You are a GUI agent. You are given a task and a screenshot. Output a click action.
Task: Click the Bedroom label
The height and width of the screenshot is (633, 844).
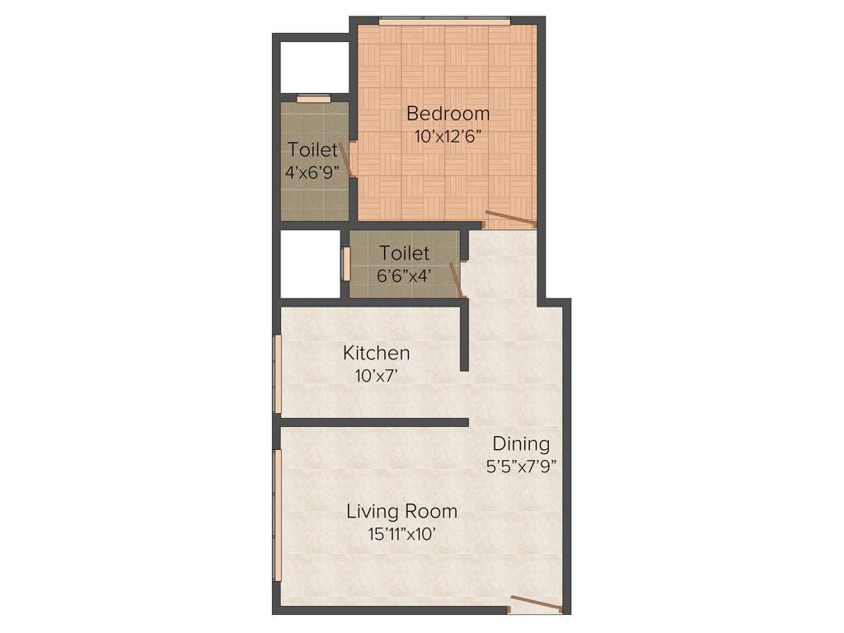point(448,113)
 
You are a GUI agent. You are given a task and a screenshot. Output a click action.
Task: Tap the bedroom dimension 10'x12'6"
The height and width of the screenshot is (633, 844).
point(448,137)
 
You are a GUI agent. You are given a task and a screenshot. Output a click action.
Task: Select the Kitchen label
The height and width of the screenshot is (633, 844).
point(376,354)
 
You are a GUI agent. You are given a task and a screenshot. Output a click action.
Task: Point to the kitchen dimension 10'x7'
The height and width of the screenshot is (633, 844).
point(376,376)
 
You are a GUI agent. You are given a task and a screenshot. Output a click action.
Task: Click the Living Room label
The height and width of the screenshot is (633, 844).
point(401,511)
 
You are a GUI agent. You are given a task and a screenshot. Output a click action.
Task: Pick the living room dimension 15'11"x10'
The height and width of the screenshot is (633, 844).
point(401,534)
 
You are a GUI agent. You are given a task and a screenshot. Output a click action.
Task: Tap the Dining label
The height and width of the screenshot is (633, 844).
point(521,444)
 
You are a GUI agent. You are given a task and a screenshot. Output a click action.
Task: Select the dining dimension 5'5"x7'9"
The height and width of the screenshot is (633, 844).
point(522,466)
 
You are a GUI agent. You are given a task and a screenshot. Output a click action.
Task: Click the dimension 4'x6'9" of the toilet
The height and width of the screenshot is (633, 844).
point(312,173)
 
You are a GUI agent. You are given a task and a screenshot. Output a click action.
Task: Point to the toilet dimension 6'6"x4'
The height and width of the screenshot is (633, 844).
point(404,276)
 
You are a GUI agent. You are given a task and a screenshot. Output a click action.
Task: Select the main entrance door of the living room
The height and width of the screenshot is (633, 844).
point(536,604)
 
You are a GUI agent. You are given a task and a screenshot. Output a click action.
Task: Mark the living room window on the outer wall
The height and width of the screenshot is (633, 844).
point(278,514)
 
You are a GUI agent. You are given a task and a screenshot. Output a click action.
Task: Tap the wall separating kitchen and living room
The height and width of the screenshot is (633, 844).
point(374,422)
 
